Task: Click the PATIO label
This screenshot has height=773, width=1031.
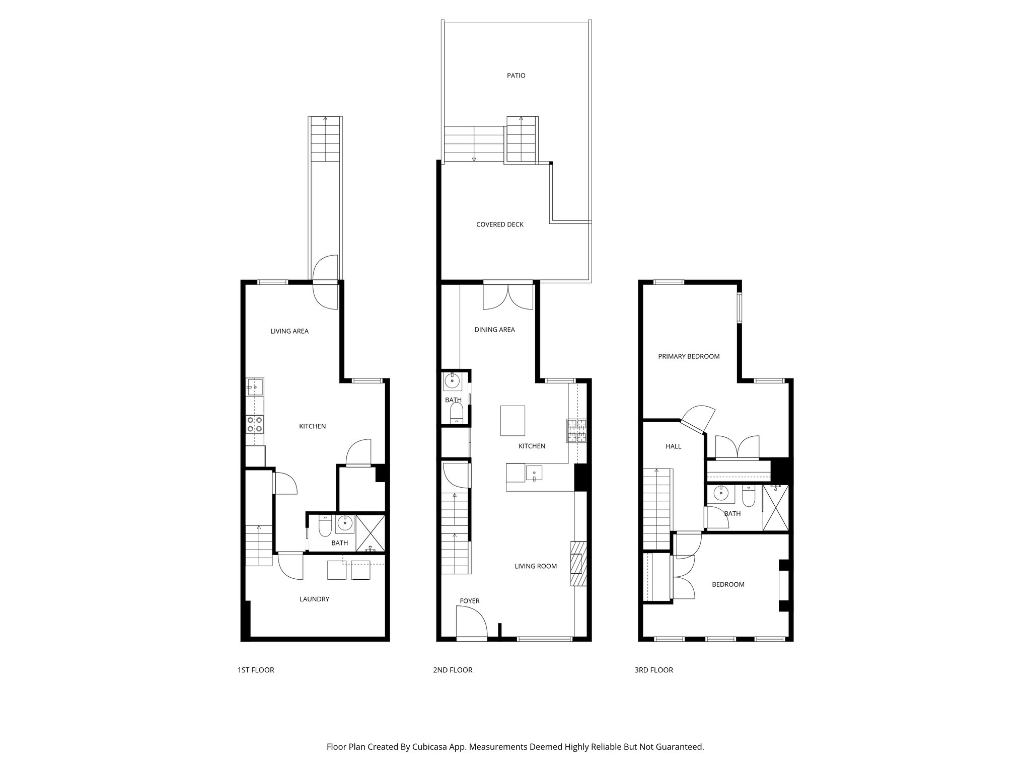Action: [516, 75]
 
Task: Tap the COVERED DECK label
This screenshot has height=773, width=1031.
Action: [500, 224]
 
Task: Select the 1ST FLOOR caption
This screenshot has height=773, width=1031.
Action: [256, 670]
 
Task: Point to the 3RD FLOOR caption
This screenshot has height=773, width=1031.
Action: [653, 670]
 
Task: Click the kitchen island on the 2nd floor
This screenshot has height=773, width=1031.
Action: [512, 420]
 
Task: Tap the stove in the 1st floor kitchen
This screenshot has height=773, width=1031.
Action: [254, 424]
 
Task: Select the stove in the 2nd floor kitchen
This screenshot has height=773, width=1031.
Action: [577, 431]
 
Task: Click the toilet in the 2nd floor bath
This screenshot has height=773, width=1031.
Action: [456, 415]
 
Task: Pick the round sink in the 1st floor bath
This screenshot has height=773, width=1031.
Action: [345, 523]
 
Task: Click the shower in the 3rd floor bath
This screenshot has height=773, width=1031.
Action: [776, 508]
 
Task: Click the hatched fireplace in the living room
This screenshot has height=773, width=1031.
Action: [578, 563]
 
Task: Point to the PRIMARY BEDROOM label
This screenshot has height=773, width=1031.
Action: [689, 356]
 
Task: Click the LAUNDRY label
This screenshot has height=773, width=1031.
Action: [314, 599]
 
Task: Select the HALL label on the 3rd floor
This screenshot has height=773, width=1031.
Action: [673, 446]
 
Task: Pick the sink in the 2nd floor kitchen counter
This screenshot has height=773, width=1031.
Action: [534, 473]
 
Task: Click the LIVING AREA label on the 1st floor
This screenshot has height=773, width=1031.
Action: [289, 331]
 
